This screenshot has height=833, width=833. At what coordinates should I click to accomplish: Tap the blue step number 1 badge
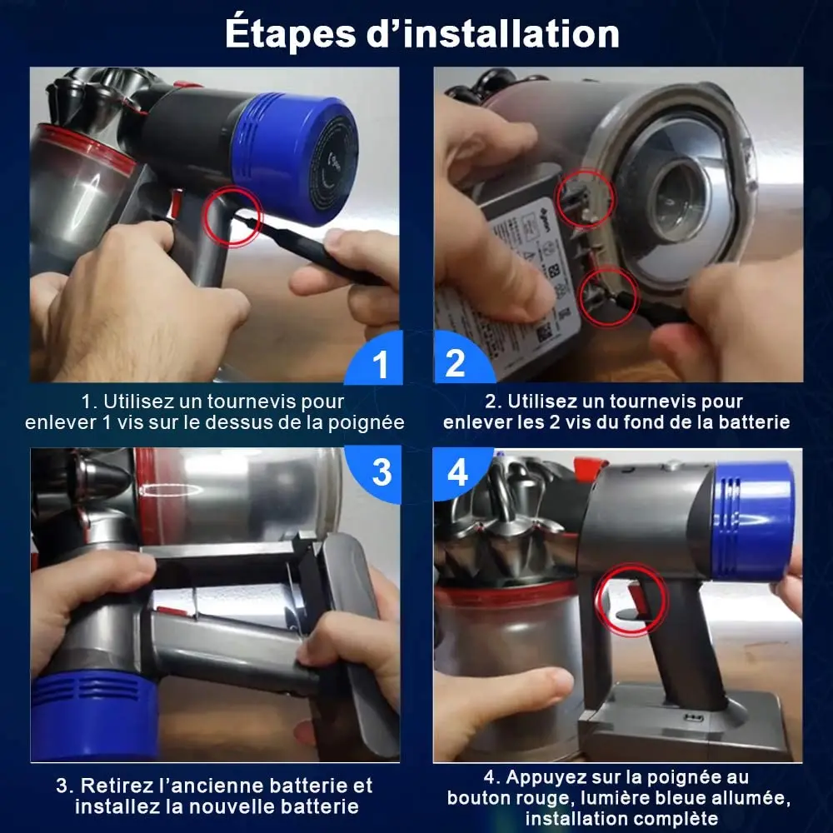point(381,365)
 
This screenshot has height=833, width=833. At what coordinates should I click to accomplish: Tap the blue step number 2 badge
point(455,364)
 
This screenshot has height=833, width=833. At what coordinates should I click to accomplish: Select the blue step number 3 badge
point(381,471)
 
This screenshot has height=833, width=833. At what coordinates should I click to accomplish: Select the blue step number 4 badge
point(457,472)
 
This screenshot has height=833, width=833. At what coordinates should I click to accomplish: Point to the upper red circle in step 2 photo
point(586,197)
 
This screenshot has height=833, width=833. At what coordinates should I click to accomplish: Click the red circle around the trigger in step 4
point(631,598)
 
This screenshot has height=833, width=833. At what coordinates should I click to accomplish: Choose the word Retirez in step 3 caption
point(116,786)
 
